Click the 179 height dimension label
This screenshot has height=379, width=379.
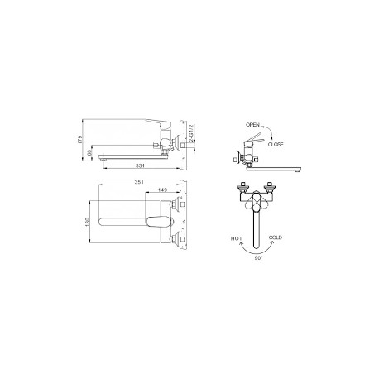coord(80,140)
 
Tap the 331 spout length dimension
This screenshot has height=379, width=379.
coord(140,166)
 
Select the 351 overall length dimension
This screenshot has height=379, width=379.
coord(139,182)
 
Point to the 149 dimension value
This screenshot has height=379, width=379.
coord(163,189)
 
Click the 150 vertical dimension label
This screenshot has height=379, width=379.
coord(88,222)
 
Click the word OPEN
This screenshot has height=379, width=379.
coord(252,125)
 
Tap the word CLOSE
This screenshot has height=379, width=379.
coord(276,144)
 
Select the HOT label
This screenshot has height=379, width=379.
coord(237,238)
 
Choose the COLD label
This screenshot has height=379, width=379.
coord(276,237)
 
